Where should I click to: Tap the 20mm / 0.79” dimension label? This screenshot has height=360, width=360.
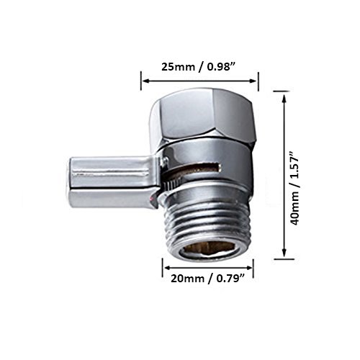[208, 279]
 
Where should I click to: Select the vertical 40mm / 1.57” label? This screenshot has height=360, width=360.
[294, 188]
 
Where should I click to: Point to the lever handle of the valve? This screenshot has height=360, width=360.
[113, 181]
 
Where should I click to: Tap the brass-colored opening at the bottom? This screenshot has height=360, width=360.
[209, 252]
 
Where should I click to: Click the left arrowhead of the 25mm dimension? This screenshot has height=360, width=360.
[146, 81]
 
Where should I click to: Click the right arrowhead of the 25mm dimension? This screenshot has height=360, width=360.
[253, 81]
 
